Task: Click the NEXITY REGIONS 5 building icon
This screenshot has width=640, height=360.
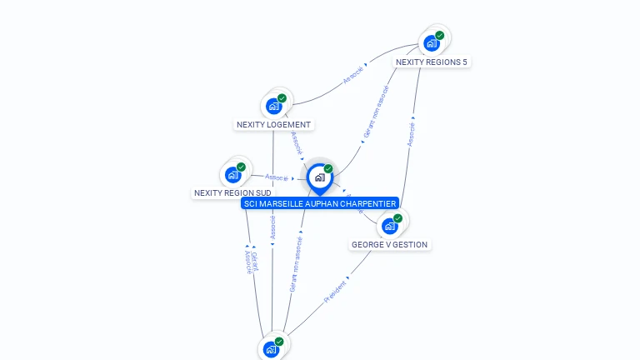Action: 431,43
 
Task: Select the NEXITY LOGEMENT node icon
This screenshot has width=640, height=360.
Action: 273,106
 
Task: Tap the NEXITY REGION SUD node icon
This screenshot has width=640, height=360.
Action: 232,175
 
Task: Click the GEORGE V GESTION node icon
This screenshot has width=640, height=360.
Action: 389,226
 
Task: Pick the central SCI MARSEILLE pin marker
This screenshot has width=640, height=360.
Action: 319,177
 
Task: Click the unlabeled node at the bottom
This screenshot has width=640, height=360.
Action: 271,349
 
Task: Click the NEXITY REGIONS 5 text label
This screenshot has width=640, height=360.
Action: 432,62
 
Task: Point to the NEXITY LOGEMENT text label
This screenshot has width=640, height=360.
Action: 273,125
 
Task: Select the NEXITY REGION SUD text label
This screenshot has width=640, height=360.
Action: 232,192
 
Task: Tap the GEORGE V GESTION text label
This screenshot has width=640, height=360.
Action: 389,245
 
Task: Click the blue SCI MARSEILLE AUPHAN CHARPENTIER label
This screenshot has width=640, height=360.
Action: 319,203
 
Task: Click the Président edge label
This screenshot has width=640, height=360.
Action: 335,290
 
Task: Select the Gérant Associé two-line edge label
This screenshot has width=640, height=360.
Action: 251,261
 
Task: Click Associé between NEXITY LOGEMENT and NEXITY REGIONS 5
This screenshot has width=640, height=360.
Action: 353,75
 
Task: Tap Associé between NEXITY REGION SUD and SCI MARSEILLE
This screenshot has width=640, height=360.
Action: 276,177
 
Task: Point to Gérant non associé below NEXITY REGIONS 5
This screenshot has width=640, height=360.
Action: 376,112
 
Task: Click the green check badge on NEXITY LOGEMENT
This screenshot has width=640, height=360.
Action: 282,98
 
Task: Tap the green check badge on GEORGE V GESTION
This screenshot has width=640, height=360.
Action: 397,218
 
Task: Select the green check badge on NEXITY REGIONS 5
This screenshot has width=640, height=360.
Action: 439,36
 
